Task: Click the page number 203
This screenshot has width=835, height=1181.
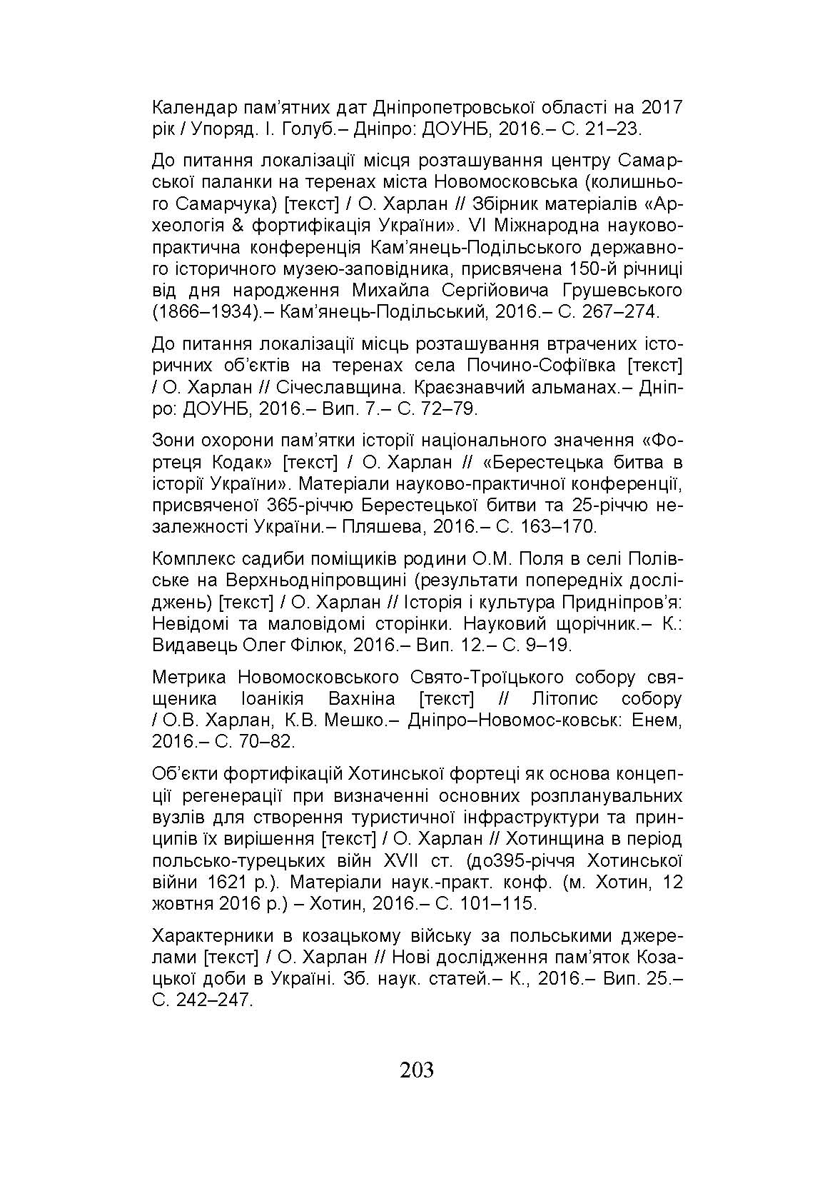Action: (417, 1070)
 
